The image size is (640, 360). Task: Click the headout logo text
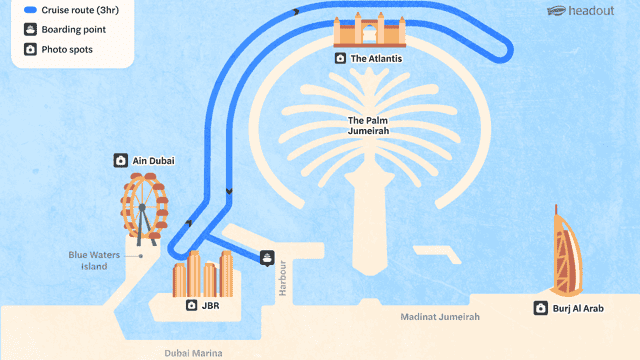click(591, 11)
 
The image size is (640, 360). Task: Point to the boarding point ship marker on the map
click(267, 258)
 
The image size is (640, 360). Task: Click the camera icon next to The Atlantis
click(340, 58)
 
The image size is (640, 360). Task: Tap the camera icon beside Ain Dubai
click(120, 160)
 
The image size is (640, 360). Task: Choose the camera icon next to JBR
click(191, 305)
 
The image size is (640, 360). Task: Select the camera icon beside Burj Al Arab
click(540, 308)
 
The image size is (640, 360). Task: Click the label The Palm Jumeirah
click(368, 126)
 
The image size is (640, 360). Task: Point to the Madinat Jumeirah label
click(440, 317)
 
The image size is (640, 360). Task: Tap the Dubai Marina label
click(193, 353)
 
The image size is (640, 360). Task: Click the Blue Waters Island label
click(94, 260)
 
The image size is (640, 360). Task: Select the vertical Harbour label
click(282, 278)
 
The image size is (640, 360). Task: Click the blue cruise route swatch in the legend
click(31, 10)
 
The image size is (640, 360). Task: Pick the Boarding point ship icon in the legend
click(30, 29)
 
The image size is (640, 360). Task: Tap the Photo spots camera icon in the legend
click(30, 49)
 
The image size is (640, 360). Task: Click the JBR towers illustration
click(203, 274)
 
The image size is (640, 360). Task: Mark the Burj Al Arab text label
click(578, 309)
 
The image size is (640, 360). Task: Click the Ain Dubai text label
click(153, 161)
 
